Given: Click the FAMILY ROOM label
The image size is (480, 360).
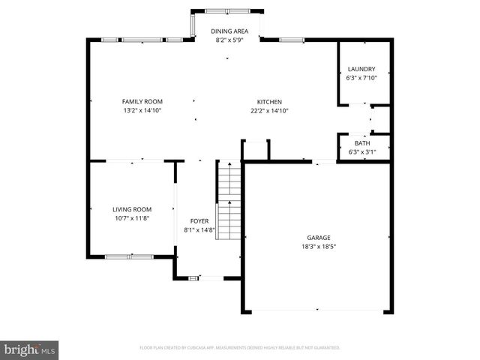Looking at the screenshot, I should [x=142, y=101].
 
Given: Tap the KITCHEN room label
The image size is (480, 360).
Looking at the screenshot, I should [x=269, y=101].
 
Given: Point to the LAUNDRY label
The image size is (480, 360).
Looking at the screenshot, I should [x=361, y=69].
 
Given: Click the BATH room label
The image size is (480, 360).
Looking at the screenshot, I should [x=362, y=143].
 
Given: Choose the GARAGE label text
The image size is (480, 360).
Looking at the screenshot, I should [x=318, y=236].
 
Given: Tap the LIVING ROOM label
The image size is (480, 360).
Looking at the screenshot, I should [x=132, y=209].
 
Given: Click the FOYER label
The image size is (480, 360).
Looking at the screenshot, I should [x=199, y=221].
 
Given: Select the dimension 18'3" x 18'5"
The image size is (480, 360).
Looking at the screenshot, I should [x=318, y=245].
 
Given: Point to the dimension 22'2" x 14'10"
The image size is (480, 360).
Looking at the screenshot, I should [x=269, y=110].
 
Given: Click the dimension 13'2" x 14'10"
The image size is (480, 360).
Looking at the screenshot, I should [x=142, y=110].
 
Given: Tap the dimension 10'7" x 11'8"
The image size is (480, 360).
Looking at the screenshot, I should [x=132, y=217].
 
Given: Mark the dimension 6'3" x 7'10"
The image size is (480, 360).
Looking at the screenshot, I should [x=361, y=77].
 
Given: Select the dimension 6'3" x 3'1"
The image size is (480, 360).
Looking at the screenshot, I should [x=362, y=151].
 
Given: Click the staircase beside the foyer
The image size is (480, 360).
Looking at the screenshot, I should [x=229, y=201].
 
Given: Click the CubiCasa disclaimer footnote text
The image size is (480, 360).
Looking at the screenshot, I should [x=240, y=348].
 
